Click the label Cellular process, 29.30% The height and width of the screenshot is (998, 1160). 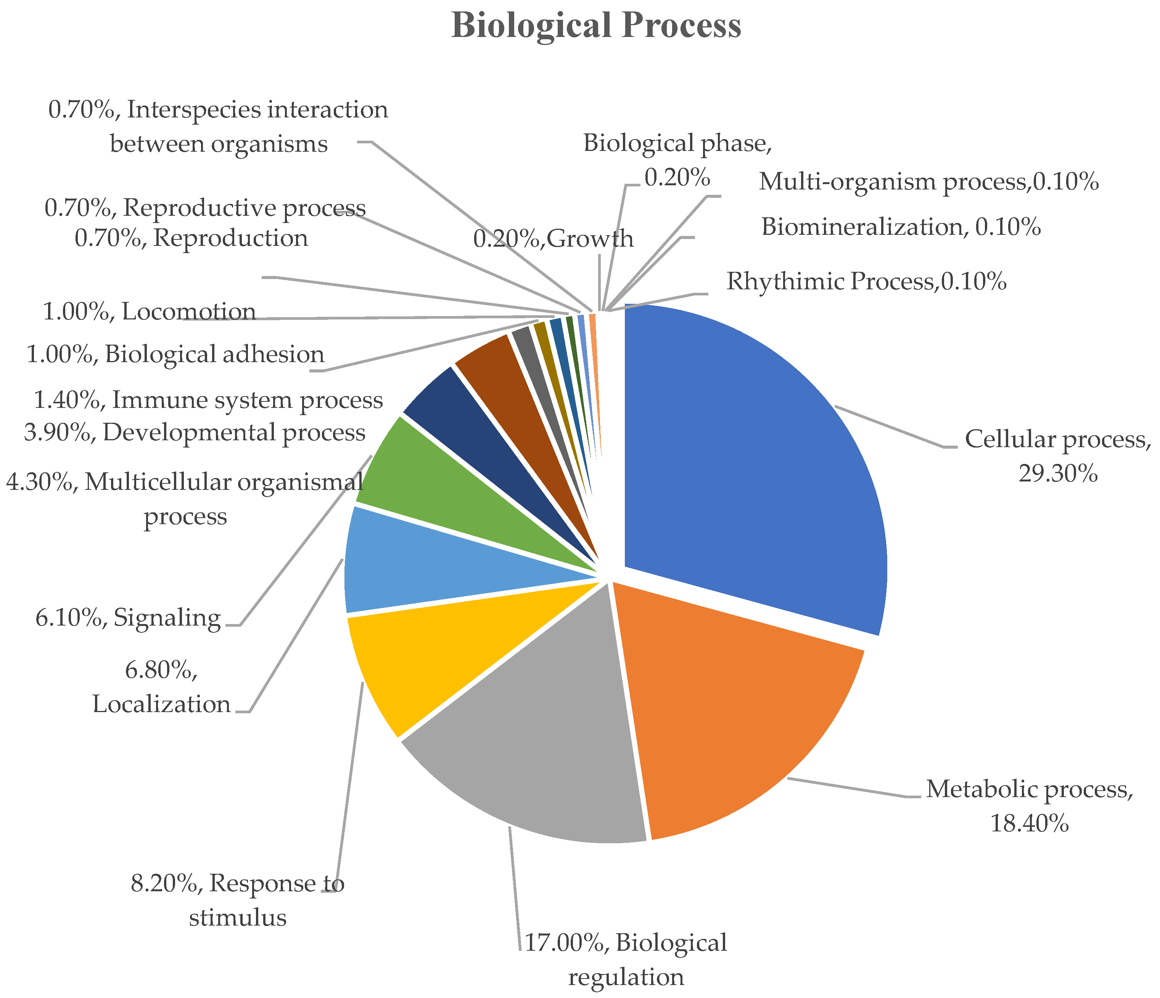click(x=1057, y=456)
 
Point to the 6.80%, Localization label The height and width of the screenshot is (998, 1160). click(x=161, y=687)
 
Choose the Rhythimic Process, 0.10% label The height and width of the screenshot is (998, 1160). click(x=866, y=281)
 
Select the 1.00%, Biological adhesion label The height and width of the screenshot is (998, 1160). click(x=175, y=355)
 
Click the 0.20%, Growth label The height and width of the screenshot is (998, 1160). click(x=553, y=239)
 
